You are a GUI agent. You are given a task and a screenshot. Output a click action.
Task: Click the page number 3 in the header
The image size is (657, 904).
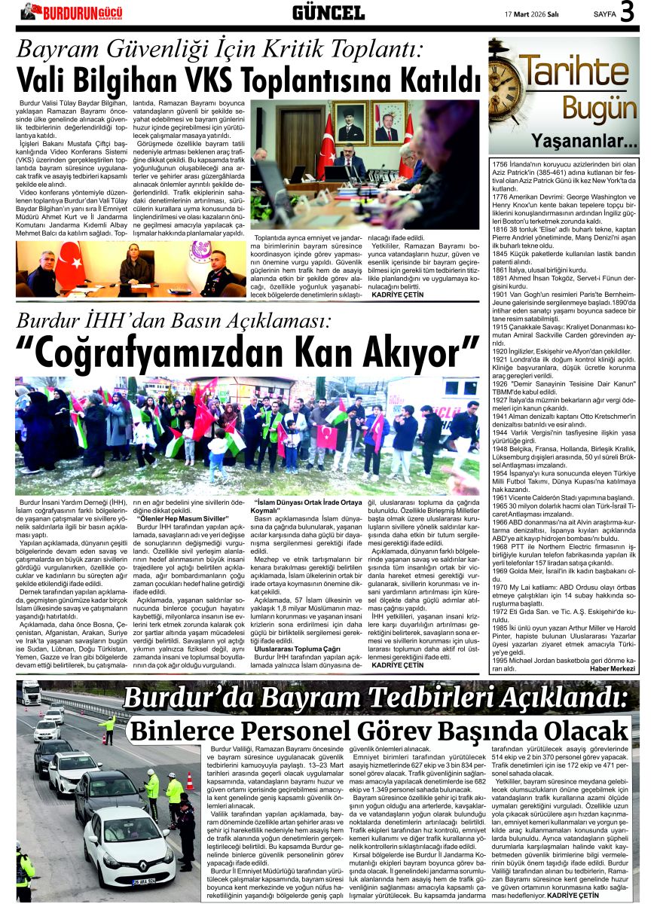pyautogui.click(x=627, y=12)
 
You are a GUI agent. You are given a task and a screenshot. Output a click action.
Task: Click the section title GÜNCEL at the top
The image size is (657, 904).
pyautogui.click(x=328, y=12)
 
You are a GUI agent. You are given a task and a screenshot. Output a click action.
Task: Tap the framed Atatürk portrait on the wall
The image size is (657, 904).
pyautogui.click(x=350, y=123)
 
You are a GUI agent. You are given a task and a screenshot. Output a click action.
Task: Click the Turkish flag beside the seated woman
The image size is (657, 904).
pyautogui.click(x=69, y=266)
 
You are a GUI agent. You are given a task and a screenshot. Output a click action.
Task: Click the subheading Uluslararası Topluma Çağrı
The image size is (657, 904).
pyautogui.click(x=293, y=647)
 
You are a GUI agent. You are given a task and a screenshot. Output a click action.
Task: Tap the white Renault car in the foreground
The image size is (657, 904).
pyautogui.click(x=130, y=845)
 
